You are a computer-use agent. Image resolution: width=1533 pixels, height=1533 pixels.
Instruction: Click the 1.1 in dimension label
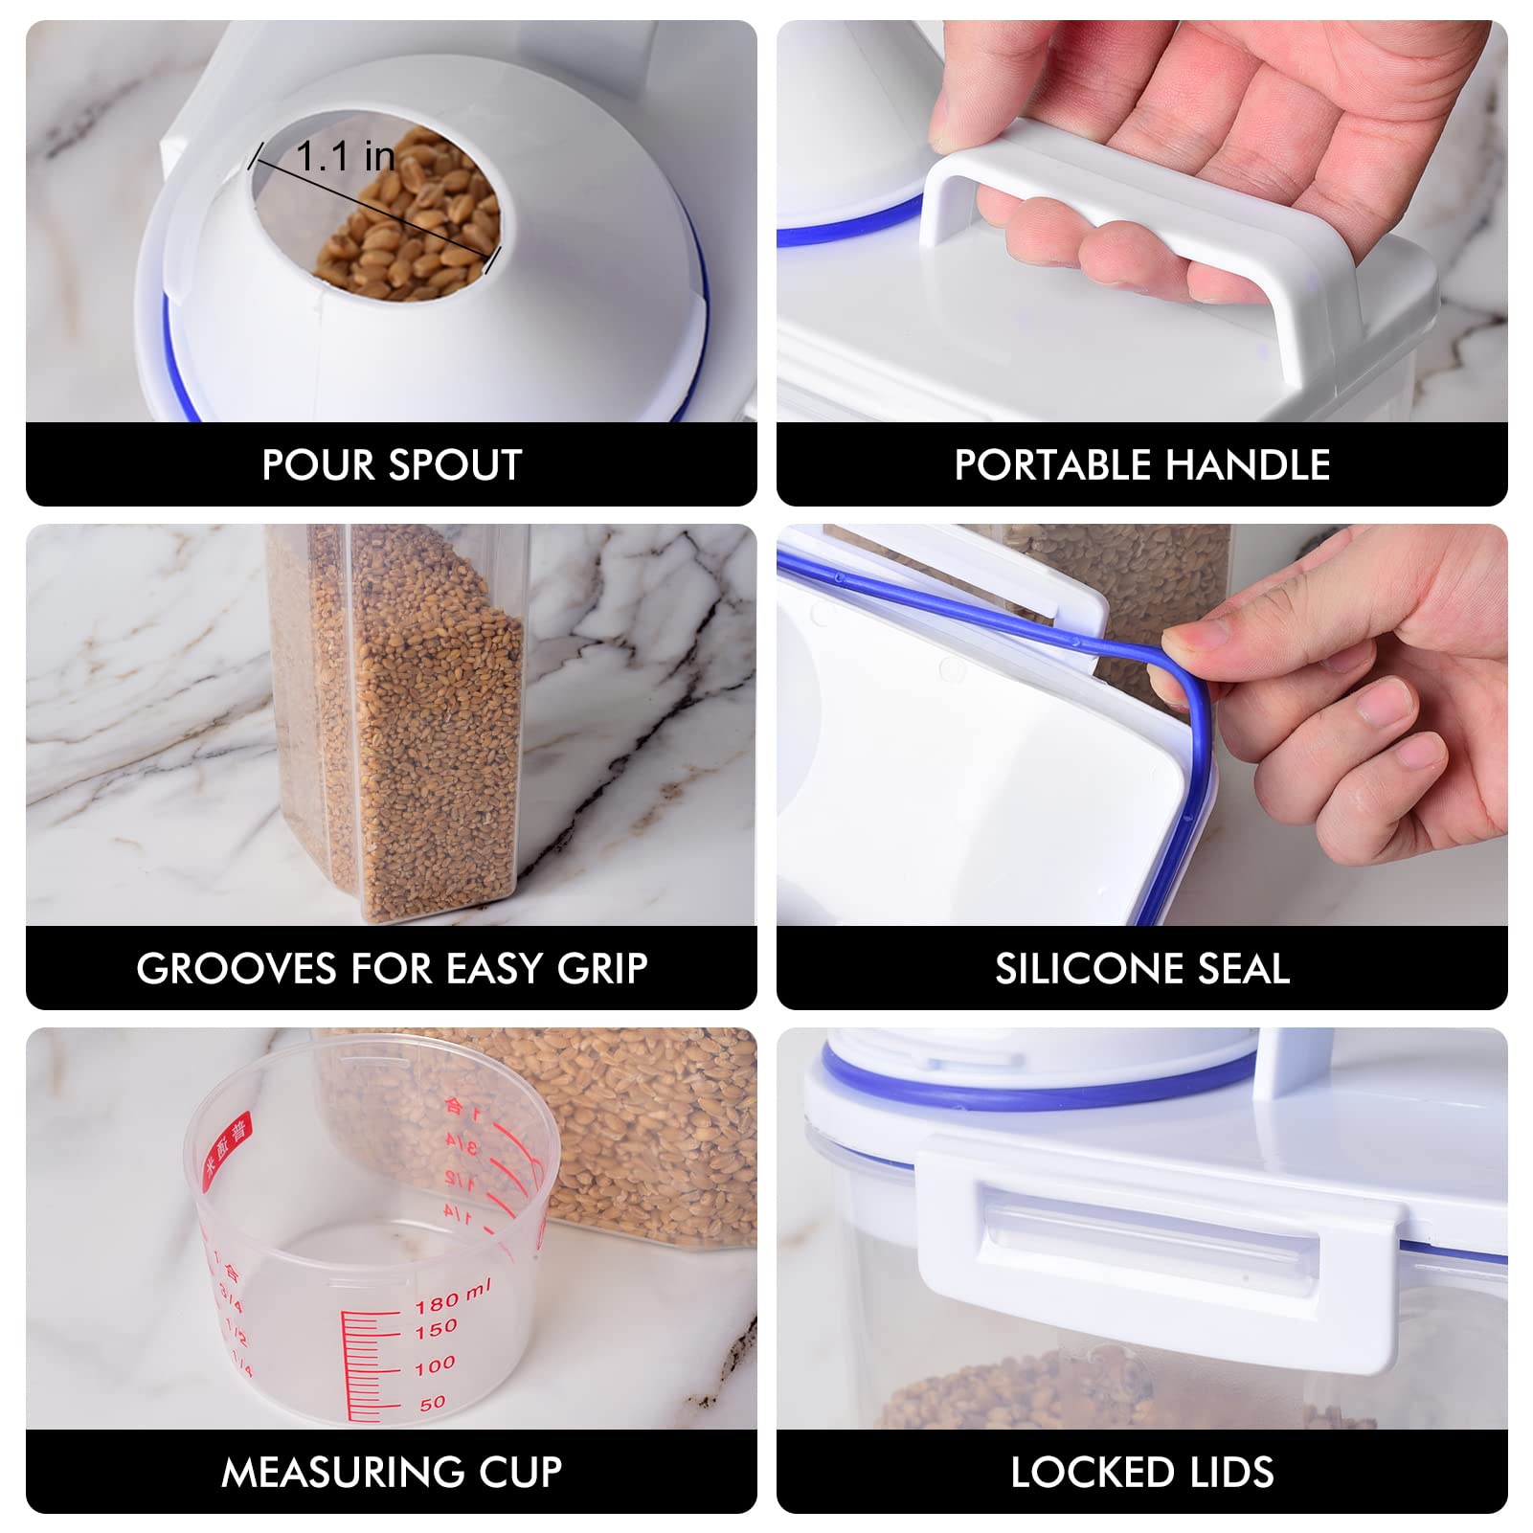[345, 156]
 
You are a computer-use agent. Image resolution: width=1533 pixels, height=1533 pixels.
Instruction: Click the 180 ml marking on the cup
[452, 1297]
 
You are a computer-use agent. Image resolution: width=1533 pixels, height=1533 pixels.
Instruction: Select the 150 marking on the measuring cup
[437, 1329]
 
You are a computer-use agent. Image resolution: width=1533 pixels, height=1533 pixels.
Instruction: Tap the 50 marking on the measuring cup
[433, 1403]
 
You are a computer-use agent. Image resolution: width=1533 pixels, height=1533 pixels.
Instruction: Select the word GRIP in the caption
[602, 969]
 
